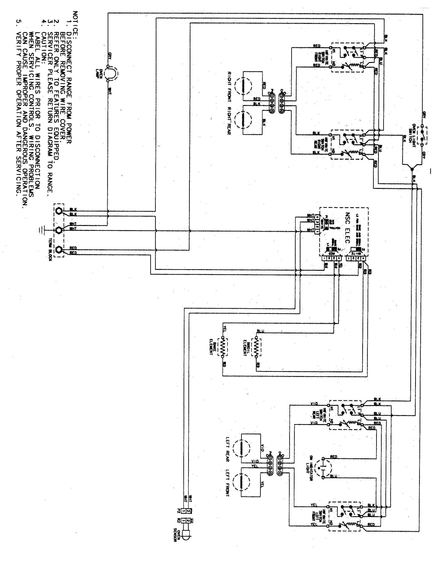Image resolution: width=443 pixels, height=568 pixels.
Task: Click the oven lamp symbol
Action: pos(111,73)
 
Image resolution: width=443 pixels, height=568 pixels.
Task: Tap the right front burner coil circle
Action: pos(243,87)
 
